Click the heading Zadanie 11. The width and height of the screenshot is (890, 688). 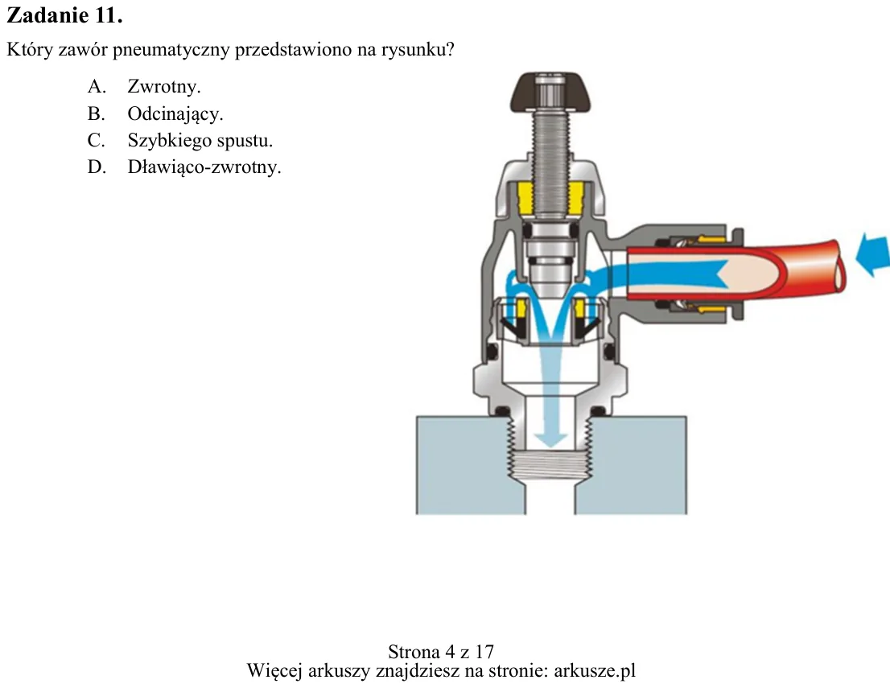click(x=64, y=15)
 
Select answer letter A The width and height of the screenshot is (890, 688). click(x=97, y=86)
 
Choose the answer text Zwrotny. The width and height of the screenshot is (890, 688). click(x=164, y=86)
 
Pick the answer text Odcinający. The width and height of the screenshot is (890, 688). click(x=175, y=113)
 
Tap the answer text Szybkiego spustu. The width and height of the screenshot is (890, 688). click(x=200, y=140)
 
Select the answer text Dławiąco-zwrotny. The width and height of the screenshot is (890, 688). click(x=204, y=167)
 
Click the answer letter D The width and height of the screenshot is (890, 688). click(x=97, y=167)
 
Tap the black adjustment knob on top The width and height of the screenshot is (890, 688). click(x=550, y=92)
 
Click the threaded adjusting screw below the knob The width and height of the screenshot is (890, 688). click(x=550, y=165)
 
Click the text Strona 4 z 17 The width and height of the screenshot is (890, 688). click(x=441, y=651)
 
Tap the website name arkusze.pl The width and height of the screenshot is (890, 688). click(x=595, y=671)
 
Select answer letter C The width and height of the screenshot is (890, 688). click(x=97, y=140)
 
